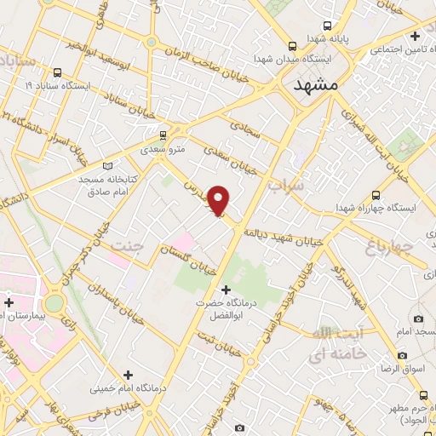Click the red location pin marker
tap(219, 200)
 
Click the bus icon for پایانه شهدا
tap(329, 26)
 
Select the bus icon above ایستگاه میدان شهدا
tap(293, 46)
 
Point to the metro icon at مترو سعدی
tap(163, 135)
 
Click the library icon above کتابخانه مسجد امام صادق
tap(107, 165)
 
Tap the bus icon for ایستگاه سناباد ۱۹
tap(57, 72)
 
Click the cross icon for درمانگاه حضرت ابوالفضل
tap(225, 290)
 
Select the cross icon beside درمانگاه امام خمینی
tap(128, 374)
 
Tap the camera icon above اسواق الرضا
tap(401, 355)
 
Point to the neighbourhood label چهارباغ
tap(393, 249)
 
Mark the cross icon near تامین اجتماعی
tap(415, 37)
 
